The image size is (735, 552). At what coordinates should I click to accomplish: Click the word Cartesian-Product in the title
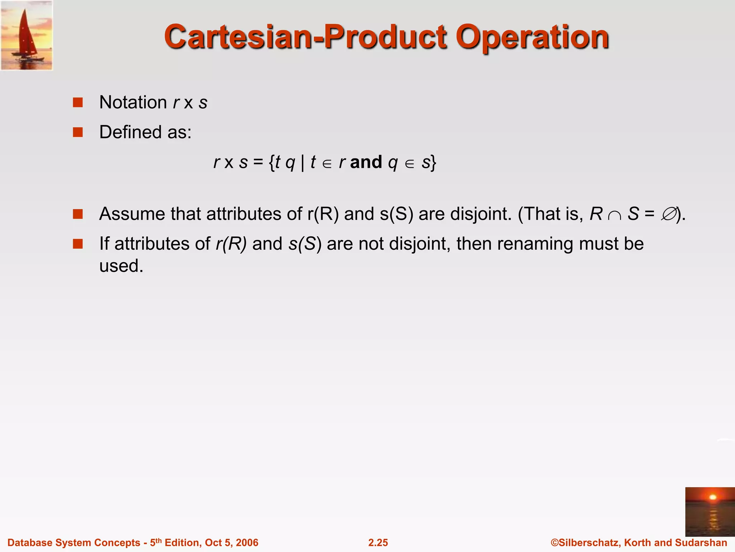305,37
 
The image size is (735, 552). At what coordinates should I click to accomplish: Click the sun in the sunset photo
713,497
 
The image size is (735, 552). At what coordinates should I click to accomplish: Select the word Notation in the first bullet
133,102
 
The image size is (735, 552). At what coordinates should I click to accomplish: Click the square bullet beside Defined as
78,132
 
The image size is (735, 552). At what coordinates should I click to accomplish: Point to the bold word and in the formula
366,162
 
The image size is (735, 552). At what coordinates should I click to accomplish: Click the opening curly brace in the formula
272,162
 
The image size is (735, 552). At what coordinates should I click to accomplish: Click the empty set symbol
669,214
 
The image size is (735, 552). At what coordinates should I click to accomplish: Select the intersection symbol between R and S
615,215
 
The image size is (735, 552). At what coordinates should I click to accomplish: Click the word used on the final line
121,266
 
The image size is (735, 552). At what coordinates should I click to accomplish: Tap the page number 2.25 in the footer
378,543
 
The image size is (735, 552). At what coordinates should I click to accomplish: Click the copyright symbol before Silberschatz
554,543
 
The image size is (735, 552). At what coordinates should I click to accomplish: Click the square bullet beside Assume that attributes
78,214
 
